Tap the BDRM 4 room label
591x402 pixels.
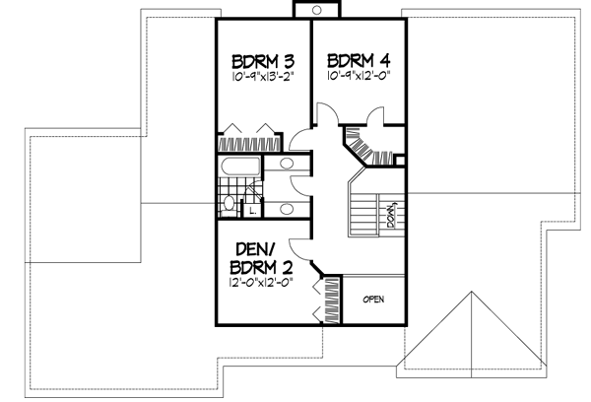coord(354,57)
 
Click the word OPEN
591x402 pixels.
coord(372,299)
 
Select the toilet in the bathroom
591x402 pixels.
coord(229,204)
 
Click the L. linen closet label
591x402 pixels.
coord(253,209)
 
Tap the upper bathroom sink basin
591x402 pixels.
coord(289,165)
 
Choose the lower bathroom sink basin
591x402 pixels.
coord(289,208)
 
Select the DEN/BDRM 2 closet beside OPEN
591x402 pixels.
coord(326,300)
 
